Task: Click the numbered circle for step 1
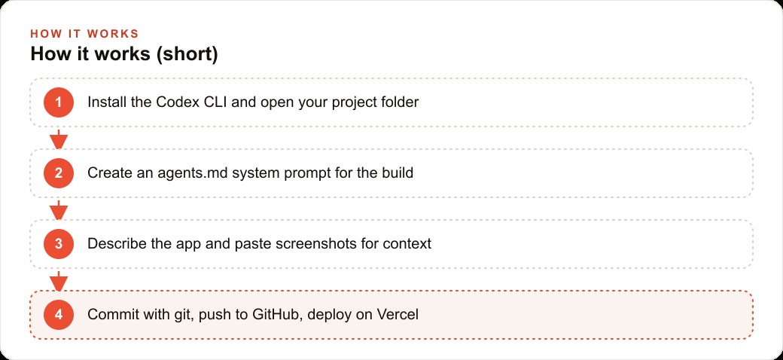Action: pos(59,102)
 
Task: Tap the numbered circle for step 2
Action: pos(59,173)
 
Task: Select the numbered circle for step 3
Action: pos(59,244)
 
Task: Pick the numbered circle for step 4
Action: pos(59,315)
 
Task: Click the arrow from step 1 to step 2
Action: pos(59,139)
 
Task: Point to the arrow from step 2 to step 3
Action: pos(59,209)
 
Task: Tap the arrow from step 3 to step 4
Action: pos(59,281)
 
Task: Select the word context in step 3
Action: pos(407,244)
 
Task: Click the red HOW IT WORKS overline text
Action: pos(84,34)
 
